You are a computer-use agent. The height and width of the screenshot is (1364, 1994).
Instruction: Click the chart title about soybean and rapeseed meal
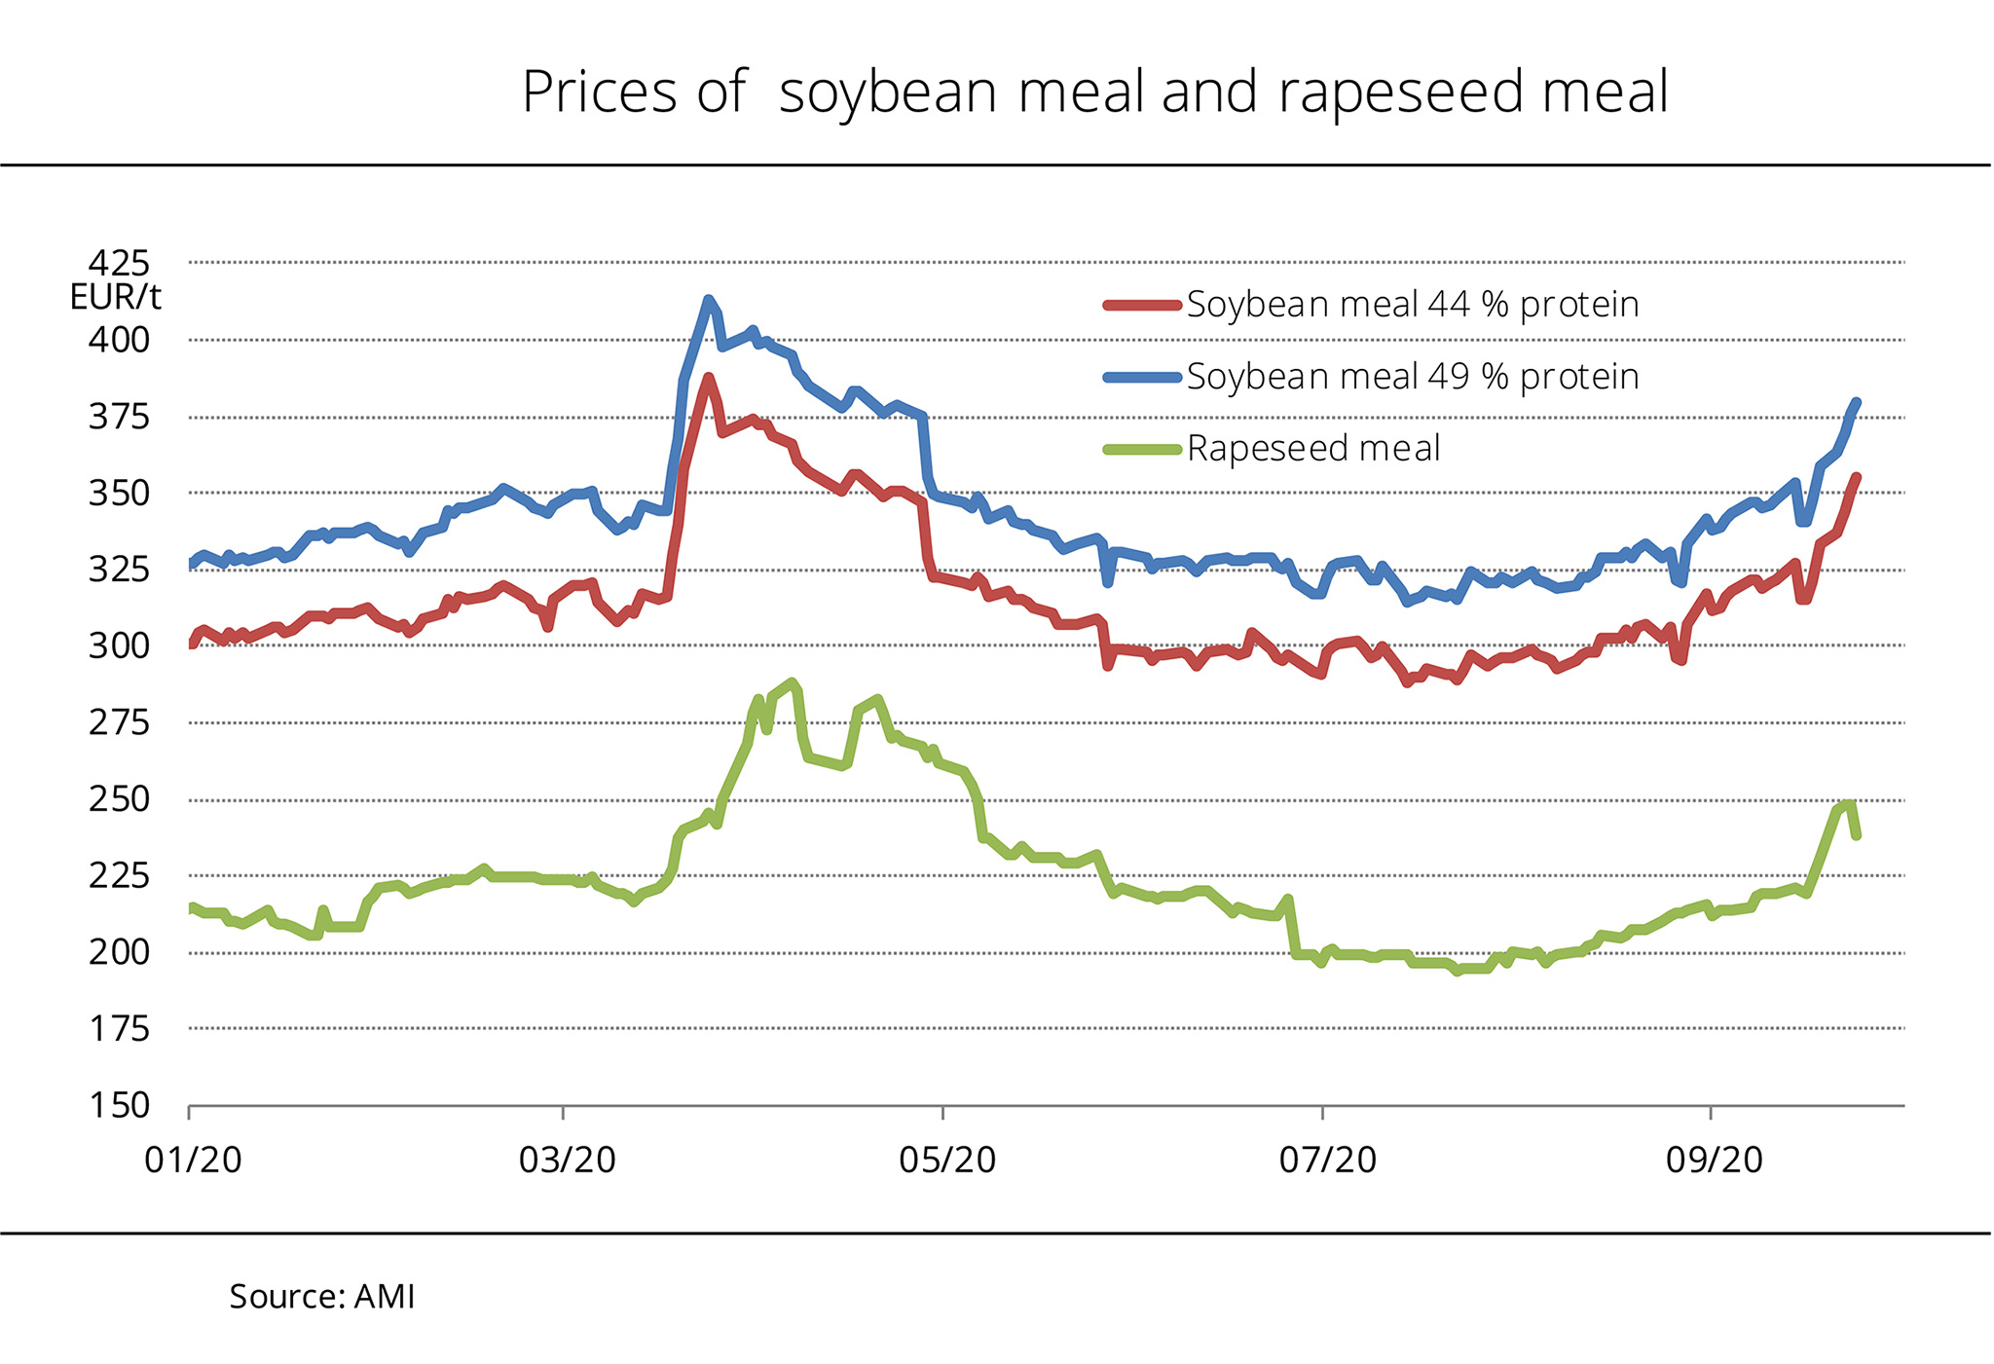(1094, 92)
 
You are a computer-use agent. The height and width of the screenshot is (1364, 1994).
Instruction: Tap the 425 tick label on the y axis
(119, 263)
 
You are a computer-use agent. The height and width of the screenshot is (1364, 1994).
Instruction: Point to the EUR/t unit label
(115, 297)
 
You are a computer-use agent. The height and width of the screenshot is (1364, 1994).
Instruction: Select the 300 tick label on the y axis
(119, 645)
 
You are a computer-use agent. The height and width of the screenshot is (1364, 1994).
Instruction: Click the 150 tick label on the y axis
(119, 1106)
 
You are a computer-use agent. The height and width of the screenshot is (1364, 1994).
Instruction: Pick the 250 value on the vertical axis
(119, 799)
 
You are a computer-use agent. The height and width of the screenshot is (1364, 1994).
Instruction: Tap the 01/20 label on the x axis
(193, 1161)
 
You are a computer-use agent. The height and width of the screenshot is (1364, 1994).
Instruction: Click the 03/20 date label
(567, 1161)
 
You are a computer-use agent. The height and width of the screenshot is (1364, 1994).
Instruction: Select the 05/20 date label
(946, 1161)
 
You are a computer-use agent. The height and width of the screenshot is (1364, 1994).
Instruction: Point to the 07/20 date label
(1327, 1161)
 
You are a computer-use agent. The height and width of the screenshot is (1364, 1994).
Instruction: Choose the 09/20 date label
(1714, 1161)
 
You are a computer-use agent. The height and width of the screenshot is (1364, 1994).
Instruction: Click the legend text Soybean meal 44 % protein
(1412, 305)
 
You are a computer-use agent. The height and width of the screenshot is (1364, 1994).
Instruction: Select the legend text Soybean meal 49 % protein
(1412, 377)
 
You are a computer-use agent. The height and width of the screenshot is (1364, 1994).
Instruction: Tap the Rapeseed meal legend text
(1312, 449)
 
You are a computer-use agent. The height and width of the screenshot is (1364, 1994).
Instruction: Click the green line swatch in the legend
(1142, 449)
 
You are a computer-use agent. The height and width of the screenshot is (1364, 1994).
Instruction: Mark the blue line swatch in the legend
(1142, 377)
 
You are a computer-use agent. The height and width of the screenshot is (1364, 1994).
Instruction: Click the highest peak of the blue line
(708, 300)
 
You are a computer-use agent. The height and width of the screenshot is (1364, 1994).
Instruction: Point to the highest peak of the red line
(708, 378)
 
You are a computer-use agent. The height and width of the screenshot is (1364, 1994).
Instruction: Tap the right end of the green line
(1857, 835)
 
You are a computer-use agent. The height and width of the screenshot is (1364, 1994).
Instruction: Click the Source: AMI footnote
(321, 1297)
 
